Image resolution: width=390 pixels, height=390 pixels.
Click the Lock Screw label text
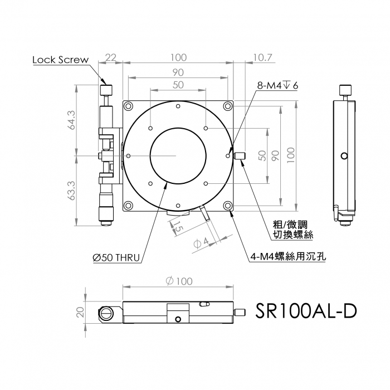[x=60, y=60]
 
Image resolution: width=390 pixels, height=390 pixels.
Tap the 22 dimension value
[x=111, y=57]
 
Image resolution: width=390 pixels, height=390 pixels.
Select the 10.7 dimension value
[x=262, y=57]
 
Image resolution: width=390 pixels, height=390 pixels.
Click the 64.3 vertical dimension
[x=72, y=120]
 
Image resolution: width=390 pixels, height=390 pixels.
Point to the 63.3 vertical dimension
[x=72, y=191]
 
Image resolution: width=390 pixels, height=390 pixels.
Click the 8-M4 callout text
[x=277, y=86]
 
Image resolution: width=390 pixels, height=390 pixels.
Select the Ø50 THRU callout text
[x=116, y=257]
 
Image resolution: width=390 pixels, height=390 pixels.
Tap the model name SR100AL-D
[x=306, y=311]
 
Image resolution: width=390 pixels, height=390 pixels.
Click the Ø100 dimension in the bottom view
[x=179, y=281]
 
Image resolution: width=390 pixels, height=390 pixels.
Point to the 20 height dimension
[x=80, y=312]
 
